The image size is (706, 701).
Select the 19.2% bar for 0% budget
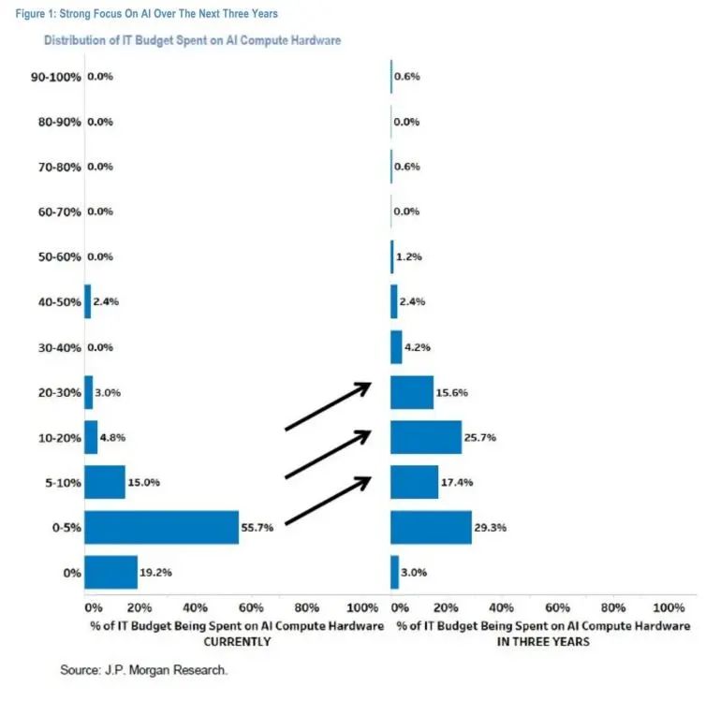110,572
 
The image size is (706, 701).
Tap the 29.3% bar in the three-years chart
431,527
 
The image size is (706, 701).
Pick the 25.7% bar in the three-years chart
426,437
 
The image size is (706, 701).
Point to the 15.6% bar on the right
412,392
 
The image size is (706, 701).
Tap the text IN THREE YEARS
543,642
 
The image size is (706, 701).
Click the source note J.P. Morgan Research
144,671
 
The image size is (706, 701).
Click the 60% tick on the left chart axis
252,606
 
